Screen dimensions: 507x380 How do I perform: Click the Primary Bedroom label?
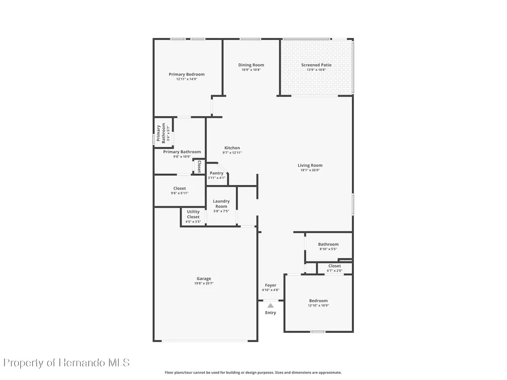(x=187, y=74)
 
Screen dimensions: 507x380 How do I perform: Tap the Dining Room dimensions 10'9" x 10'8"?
(x=251, y=70)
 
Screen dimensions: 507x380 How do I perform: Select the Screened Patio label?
(x=316, y=65)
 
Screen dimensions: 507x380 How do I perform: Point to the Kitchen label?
(x=232, y=148)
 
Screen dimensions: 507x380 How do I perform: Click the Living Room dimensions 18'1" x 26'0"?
(x=310, y=170)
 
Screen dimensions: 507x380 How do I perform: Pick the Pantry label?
(x=216, y=173)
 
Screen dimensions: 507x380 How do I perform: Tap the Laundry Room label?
(x=221, y=204)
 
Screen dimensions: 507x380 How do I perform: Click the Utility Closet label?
(x=193, y=214)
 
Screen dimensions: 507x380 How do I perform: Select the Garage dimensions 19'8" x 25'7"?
(x=204, y=283)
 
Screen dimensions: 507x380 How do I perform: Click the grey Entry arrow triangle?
(x=271, y=306)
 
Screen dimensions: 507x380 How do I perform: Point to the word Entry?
(x=271, y=313)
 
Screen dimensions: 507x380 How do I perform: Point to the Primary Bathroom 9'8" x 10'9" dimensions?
(x=182, y=157)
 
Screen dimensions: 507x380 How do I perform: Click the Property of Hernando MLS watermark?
(x=66, y=363)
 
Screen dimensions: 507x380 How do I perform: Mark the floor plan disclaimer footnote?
(x=253, y=372)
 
